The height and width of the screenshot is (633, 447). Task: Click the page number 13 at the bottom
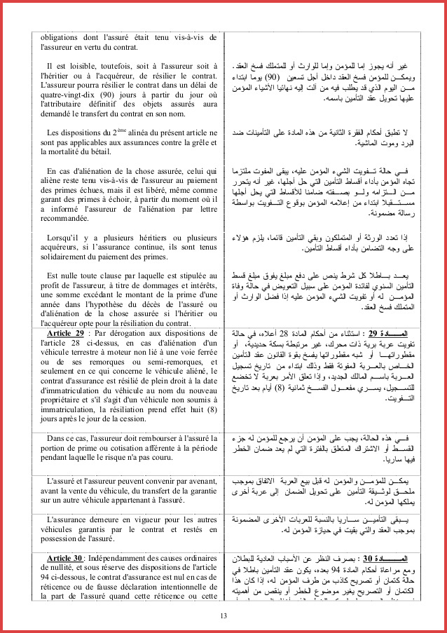(x=223, y=615)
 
